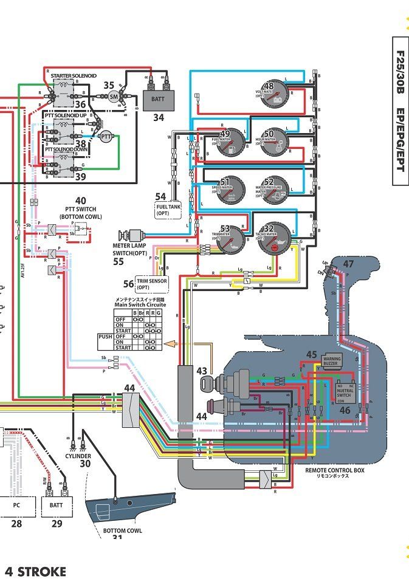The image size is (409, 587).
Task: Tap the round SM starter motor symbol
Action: [114, 96]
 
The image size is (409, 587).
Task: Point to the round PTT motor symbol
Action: [106, 136]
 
